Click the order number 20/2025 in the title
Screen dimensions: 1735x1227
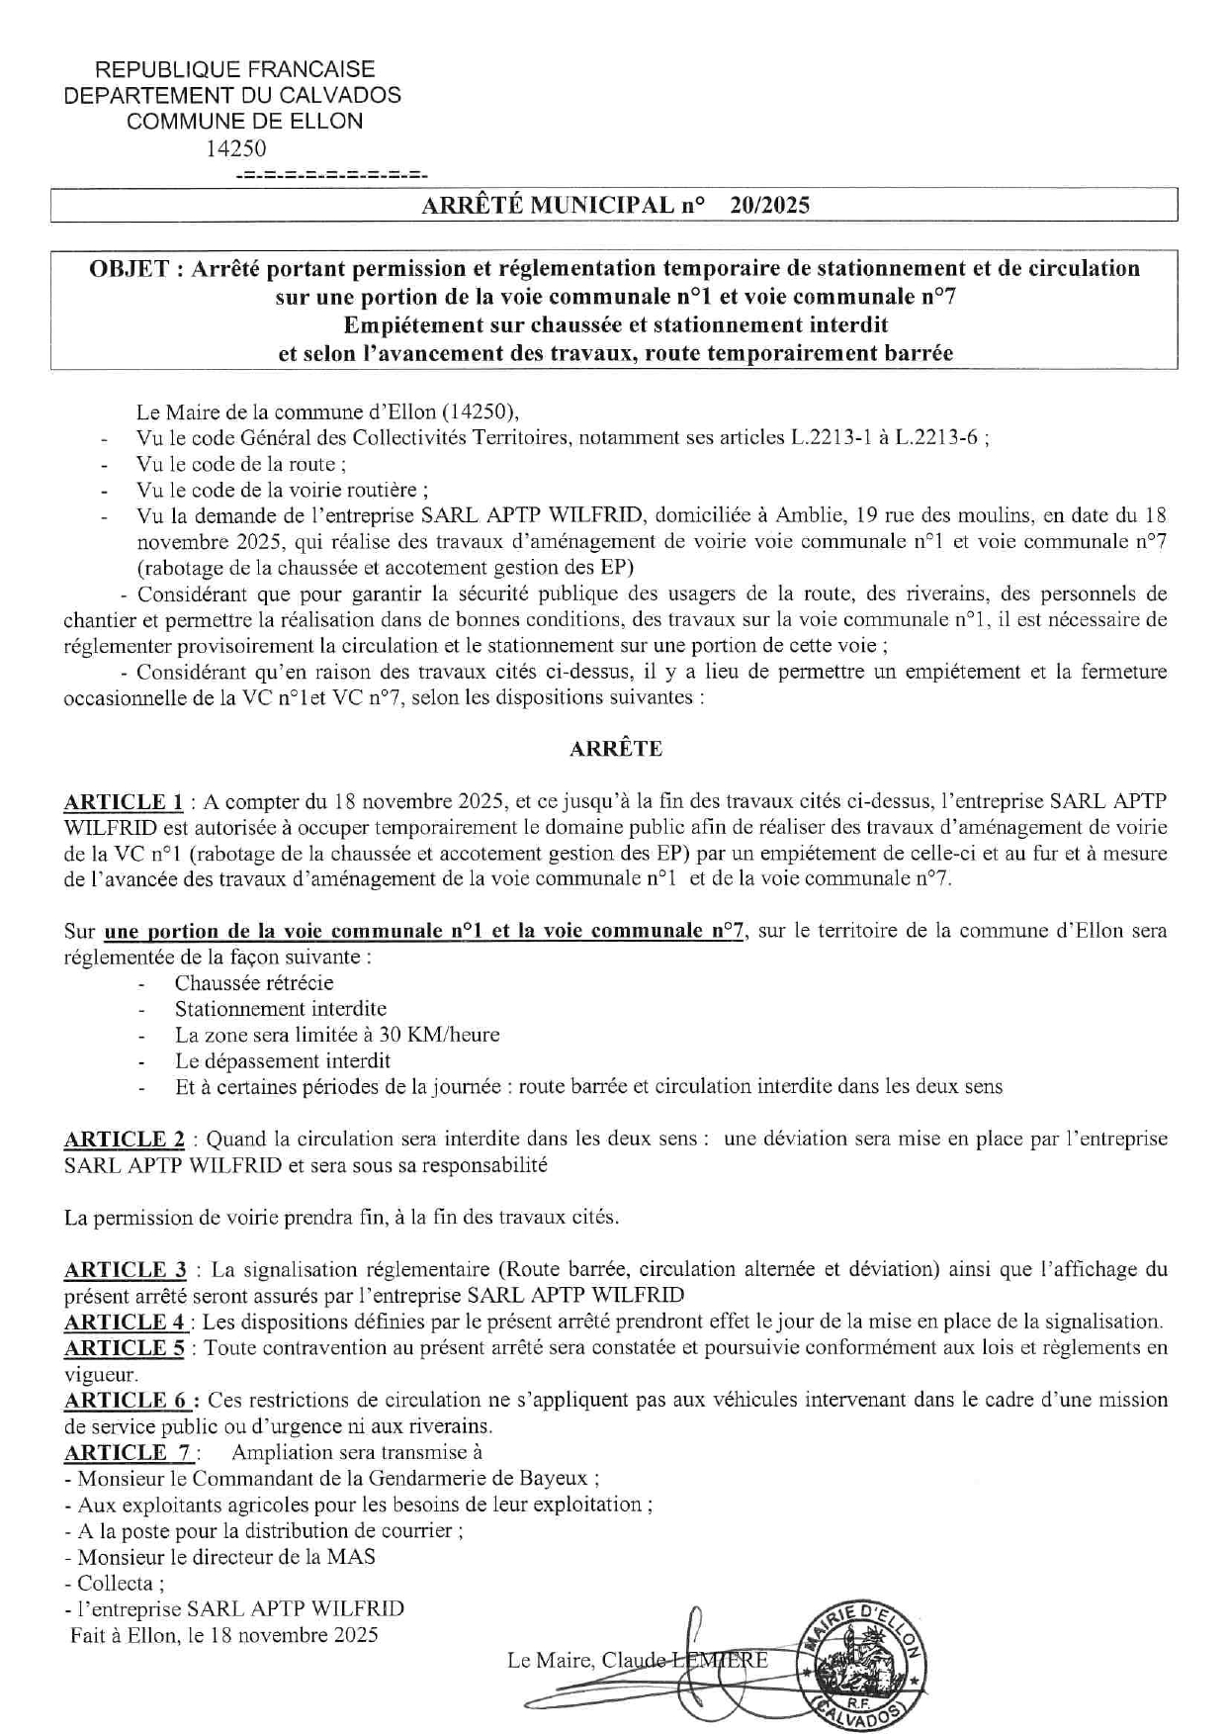(x=769, y=205)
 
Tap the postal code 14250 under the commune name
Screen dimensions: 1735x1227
(x=235, y=147)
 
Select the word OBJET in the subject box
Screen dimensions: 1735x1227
(x=129, y=268)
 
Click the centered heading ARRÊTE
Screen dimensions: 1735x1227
(x=615, y=749)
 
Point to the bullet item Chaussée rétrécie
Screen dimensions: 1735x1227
(x=254, y=982)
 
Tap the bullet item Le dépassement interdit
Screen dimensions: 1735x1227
(x=283, y=1060)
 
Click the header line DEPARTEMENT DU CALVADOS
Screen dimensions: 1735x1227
(x=232, y=95)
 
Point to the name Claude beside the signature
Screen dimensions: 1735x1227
(x=634, y=1660)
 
